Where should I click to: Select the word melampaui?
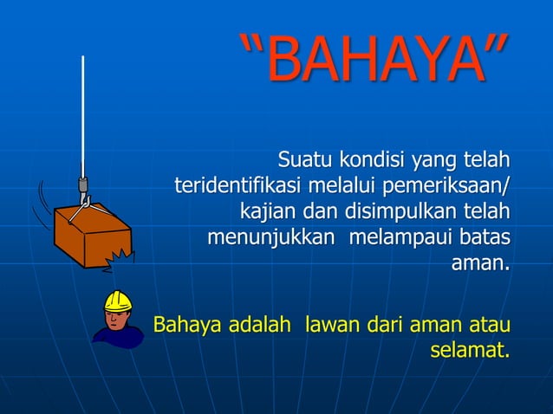[396, 236]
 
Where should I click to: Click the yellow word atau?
[488, 327]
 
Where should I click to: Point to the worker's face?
[115, 319]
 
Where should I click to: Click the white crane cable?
[83, 113]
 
